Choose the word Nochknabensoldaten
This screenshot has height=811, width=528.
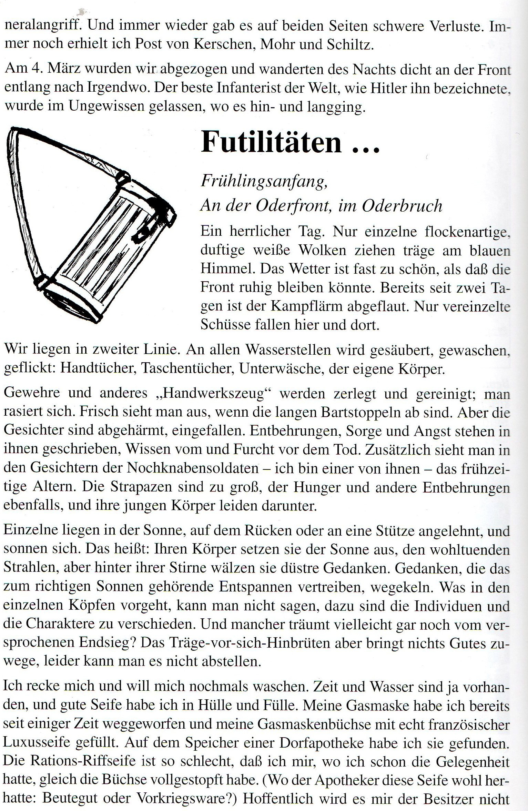[192, 468]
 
